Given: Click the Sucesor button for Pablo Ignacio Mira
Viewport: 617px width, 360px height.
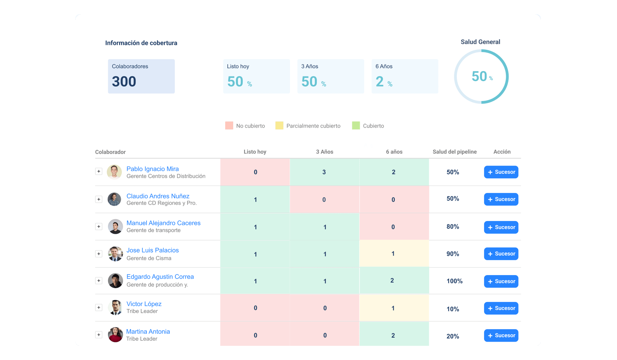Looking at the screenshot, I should (501, 172).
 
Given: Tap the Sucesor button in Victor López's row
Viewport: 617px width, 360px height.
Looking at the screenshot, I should (501, 308).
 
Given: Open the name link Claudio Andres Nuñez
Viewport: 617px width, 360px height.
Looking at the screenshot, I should (158, 196).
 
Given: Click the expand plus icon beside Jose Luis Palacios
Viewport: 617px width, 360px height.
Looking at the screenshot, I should (99, 254).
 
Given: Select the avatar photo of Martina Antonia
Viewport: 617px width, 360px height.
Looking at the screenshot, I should (115, 335).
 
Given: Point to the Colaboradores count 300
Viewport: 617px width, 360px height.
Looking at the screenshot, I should (124, 82).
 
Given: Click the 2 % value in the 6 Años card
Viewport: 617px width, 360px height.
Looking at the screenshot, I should (384, 82).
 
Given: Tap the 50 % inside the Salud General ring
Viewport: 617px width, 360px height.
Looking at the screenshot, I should (482, 77).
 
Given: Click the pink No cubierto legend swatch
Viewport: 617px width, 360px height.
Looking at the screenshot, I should (229, 126).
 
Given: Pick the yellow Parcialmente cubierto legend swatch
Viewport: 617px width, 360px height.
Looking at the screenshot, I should (279, 126).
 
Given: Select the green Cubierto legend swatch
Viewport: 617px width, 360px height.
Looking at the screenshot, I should (356, 126).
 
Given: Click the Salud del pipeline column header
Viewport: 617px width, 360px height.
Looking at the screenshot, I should (454, 152).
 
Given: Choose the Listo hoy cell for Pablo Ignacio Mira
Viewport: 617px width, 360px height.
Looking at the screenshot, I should (255, 172).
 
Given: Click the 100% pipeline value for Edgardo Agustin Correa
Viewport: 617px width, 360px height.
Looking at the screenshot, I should (454, 281).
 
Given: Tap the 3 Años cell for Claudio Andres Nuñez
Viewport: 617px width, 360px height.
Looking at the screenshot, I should (324, 199).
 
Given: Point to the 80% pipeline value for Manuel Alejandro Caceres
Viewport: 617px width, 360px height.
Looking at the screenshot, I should (453, 227).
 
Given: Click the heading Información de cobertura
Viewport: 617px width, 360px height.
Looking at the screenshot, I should (141, 43).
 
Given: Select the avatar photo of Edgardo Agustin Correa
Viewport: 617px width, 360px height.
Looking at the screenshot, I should (115, 281).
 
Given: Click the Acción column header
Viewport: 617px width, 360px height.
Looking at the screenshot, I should (502, 152).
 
